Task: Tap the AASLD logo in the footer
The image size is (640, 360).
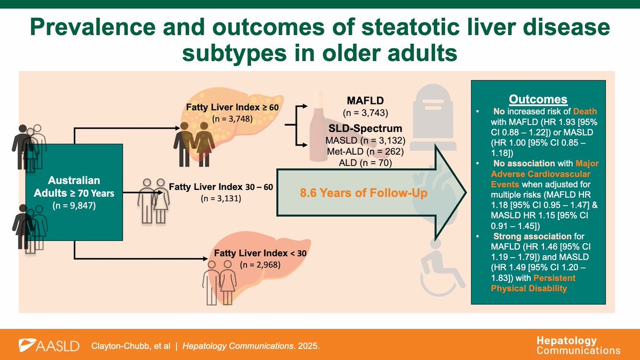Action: (x=49, y=346)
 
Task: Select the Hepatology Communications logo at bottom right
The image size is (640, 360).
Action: (x=578, y=345)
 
